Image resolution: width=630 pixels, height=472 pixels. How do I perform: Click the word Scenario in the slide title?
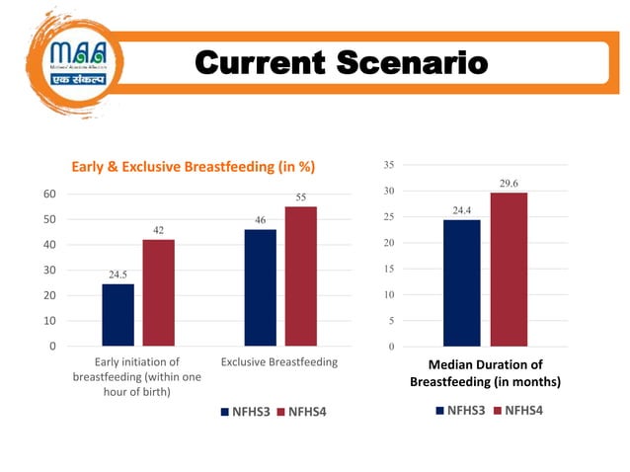click(415, 63)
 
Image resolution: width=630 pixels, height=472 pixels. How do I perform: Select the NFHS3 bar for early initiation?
click(118, 315)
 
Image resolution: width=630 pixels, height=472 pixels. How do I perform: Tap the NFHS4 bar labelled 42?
click(158, 292)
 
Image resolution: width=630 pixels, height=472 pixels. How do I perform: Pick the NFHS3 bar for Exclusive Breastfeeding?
click(261, 287)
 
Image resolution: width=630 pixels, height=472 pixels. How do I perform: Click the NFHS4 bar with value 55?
click(301, 276)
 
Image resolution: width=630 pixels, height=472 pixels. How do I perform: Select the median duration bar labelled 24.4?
click(461, 282)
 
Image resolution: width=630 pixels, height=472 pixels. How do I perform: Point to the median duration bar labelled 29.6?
click(509, 270)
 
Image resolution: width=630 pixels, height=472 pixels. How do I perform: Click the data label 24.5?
click(118, 275)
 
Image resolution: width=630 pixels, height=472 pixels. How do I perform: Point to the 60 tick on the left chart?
click(48, 194)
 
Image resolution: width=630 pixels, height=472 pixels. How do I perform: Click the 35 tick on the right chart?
click(389, 164)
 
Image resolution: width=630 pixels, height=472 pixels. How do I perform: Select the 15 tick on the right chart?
click(389, 269)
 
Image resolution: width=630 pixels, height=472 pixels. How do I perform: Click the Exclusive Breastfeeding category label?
click(279, 362)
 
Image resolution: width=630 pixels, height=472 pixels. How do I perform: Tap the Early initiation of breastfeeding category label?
click(136, 376)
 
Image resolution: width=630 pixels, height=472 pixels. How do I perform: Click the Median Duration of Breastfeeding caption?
click(485, 373)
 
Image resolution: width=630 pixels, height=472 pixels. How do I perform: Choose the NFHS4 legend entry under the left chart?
click(301, 412)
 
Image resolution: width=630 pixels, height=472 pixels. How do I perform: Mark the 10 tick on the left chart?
click(48, 321)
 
